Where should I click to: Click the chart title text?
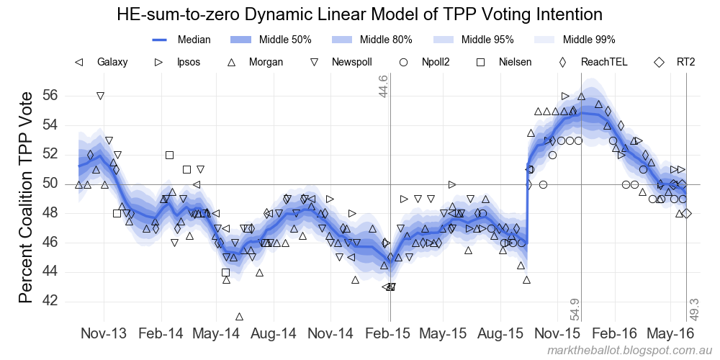[359, 14]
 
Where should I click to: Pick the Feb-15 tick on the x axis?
[390, 334]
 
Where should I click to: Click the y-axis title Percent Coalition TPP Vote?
[26, 197]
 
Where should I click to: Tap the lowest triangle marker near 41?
[239, 316]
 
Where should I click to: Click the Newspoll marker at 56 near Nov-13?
[100, 96]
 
